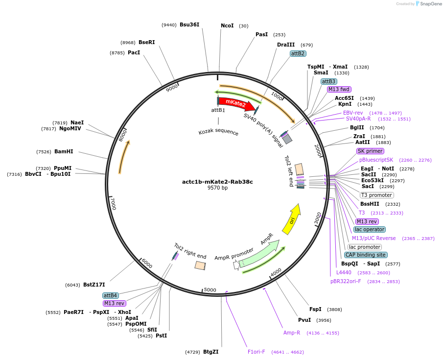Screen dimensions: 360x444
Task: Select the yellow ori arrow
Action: coord(291,219)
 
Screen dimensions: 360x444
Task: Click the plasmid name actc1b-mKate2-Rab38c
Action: coord(217,182)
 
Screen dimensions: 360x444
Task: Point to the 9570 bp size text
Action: coord(217,188)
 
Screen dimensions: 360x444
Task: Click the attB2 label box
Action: coord(298,53)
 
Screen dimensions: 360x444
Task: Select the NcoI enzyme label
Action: coord(227,25)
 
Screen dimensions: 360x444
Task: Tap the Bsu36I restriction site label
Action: coord(189,24)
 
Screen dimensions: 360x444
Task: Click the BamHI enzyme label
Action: coord(64,151)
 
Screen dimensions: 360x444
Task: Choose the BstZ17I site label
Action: coord(94,285)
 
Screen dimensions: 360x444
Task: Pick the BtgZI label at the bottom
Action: coord(210,352)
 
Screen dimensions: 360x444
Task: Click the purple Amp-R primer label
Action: coord(292,333)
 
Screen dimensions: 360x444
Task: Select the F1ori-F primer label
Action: coord(256,351)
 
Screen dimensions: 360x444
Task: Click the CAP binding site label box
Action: coord(365,255)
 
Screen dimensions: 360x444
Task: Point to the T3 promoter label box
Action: coord(376,195)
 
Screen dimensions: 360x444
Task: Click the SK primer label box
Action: coord(370,151)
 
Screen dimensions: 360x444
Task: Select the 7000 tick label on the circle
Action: coord(113,203)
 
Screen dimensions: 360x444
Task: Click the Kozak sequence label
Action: coord(218,132)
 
